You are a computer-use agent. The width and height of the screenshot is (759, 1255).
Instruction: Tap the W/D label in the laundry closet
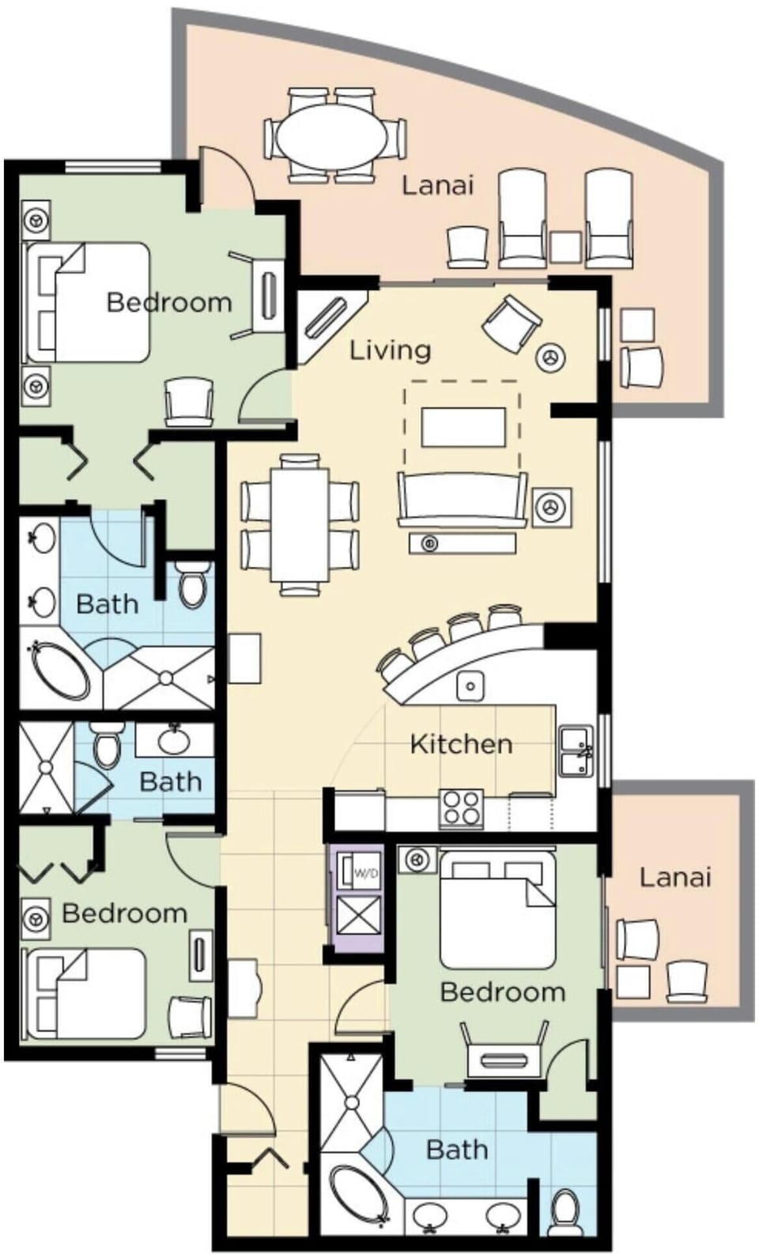pos(366,874)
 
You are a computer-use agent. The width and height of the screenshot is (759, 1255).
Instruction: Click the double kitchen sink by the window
pos(576,752)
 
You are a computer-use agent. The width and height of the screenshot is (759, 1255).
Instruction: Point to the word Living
pos(391,350)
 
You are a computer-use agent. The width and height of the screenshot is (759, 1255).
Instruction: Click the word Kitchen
pos(461,743)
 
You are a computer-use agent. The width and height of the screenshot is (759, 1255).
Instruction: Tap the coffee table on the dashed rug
pos(463,427)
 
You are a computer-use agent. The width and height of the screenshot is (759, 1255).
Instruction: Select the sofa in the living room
pos(463,498)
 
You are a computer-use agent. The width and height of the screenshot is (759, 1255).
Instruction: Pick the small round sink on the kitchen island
pos(470,685)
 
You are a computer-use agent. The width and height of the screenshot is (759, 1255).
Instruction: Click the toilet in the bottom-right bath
pos(565,1211)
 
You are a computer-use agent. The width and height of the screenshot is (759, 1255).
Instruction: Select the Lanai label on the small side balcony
pos(675,877)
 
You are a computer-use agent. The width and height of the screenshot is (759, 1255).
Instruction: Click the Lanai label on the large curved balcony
pos(437,185)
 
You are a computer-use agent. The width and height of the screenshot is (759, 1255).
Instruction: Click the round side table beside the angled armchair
pos(551,357)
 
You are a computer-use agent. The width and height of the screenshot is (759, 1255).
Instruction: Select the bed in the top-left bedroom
pos(89,302)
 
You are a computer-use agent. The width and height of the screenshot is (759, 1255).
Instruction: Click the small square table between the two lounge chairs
pos(565,247)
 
